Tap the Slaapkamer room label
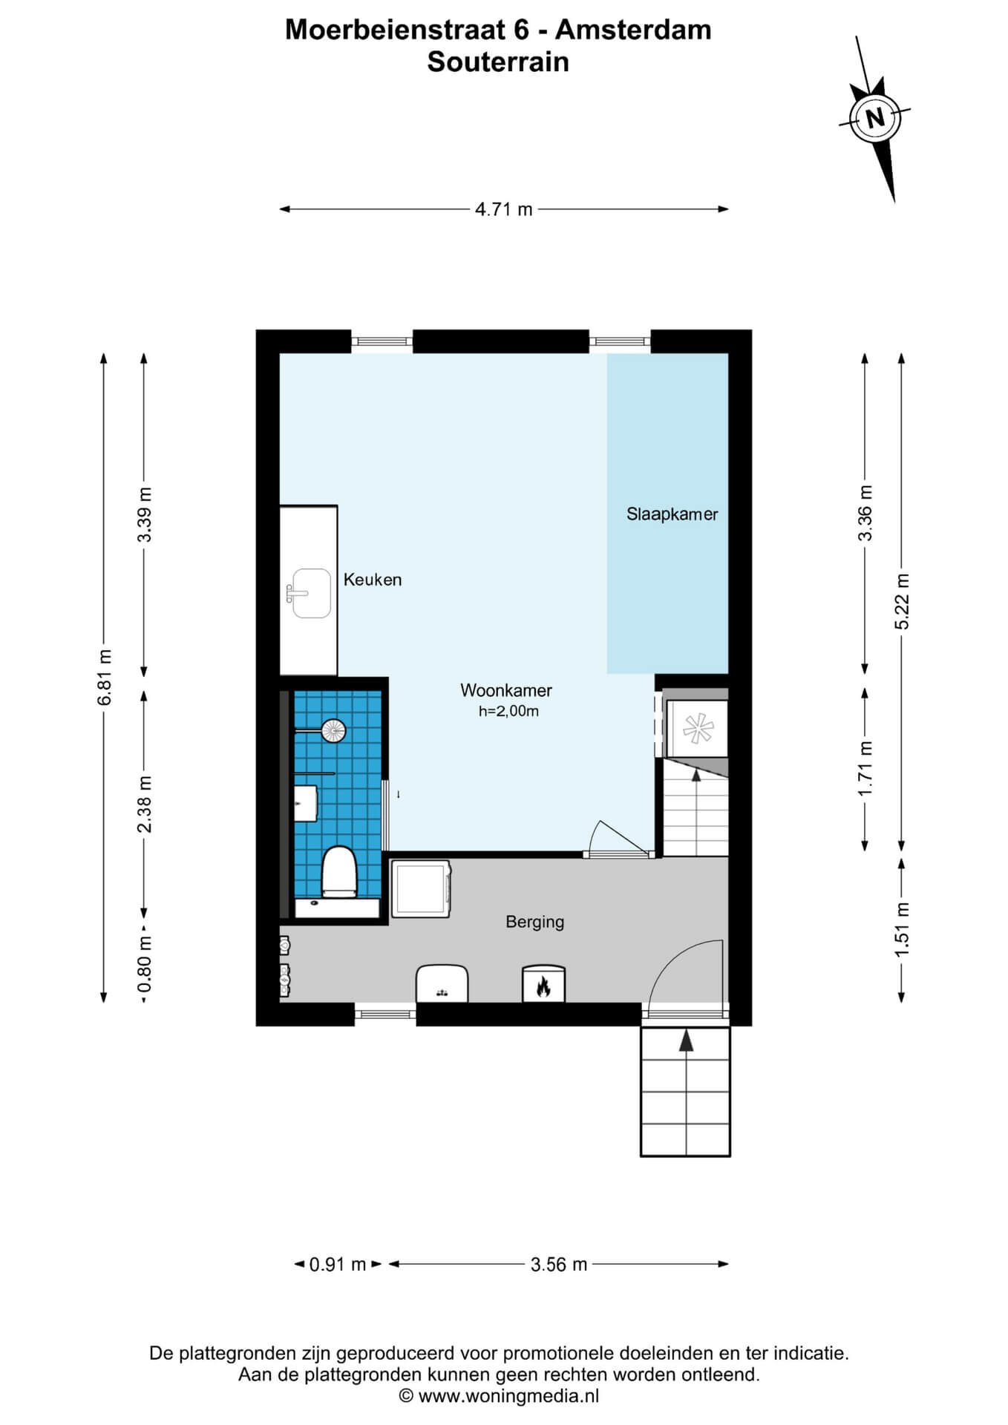pos(672,514)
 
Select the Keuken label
pos(372,580)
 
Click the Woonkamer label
pos(506,690)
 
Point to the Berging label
pos(534,922)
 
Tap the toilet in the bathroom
pos(339,872)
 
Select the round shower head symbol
pos(333,730)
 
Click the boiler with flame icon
pos(543,984)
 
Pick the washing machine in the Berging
pos(421,888)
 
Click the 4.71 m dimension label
pos(504,209)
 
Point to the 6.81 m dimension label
pos(105,677)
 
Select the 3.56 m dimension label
pos(559,1264)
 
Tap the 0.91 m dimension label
pos(338,1264)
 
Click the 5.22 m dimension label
pos(901,601)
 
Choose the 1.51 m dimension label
pos(901,929)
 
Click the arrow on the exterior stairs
pos(686,1041)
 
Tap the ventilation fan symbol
pos(698,728)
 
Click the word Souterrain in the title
pos(498,62)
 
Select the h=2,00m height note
pos(508,711)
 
